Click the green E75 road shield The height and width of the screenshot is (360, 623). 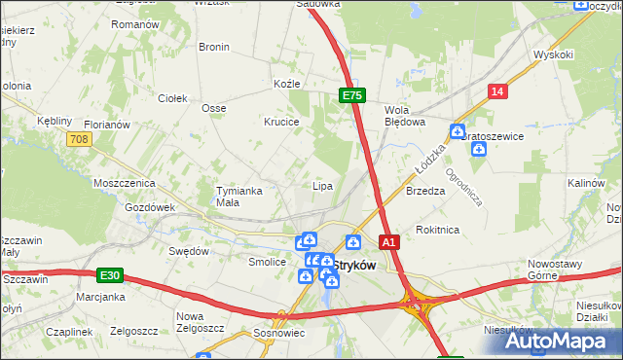pyautogui.click(x=352, y=95)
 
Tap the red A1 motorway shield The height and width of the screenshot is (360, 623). pyautogui.click(x=389, y=241)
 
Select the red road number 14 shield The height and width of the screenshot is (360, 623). pyautogui.click(x=498, y=91)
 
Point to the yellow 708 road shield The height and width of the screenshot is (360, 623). pyautogui.click(x=80, y=141)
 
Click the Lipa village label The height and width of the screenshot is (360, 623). pyautogui.click(x=322, y=186)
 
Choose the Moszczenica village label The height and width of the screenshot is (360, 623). pyautogui.click(x=124, y=183)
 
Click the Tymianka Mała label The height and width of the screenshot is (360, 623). pyautogui.click(x=239, y=196)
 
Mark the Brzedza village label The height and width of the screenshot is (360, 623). pyautogui.click(x=425, y=192)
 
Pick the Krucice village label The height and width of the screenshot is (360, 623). pyautogui.click(x=280, y=122)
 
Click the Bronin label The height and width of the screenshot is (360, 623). pyautogui.click(x=214, y=47)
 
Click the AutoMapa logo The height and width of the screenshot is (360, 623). pyautogui.click(x=556, y=342)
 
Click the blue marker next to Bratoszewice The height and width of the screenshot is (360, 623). pyautogui.click(x=457, y=130)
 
